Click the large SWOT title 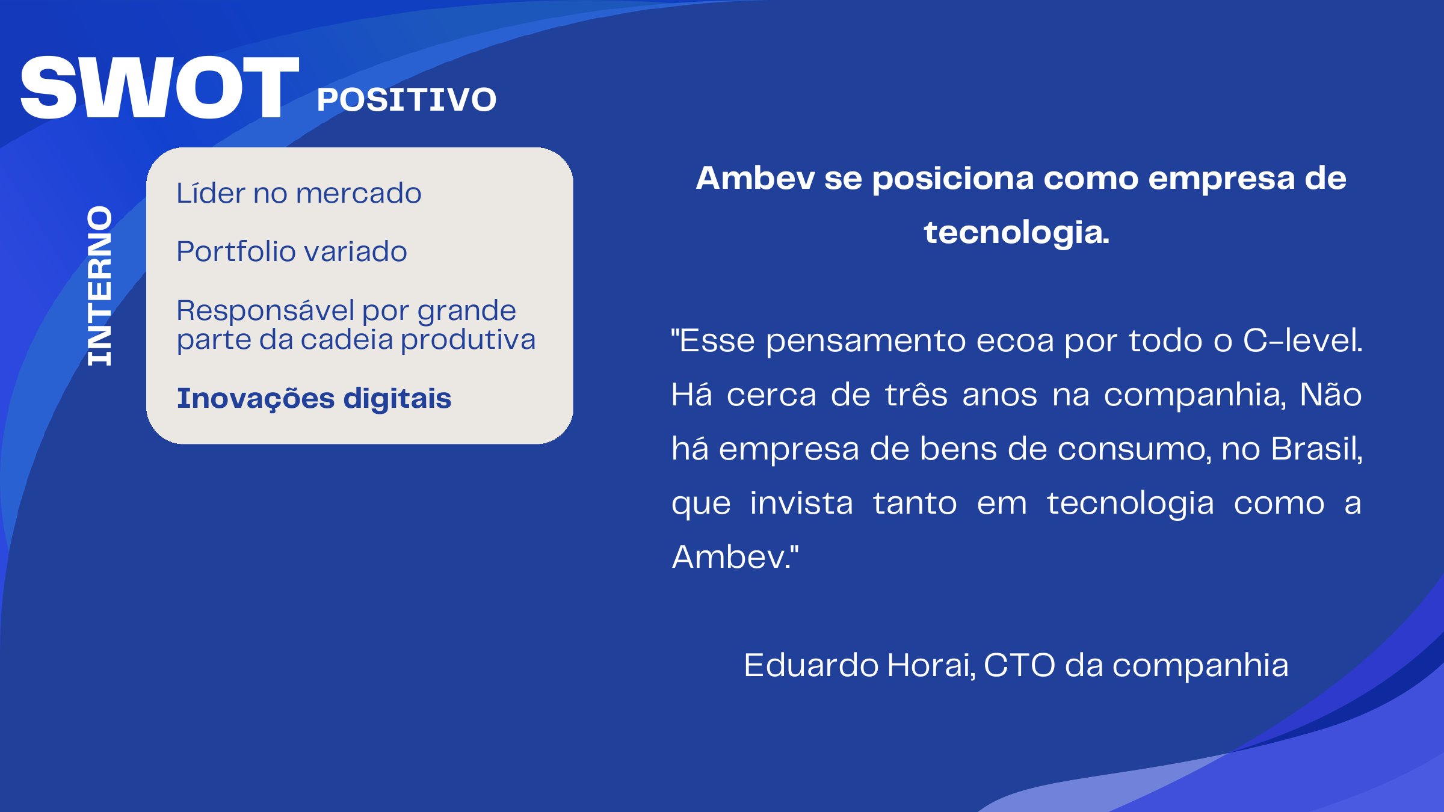pos(159,88)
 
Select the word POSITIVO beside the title pos(406,100)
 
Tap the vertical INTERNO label pos(100,286)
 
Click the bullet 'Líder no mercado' pos(298,193)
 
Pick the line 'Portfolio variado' pos(291,251)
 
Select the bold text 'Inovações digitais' pos(313,398)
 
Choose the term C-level pos(1302,340)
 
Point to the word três pos(916,395)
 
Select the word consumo pos(1134,449)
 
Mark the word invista pos(801,503)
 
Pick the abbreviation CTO pos(1019,665)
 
